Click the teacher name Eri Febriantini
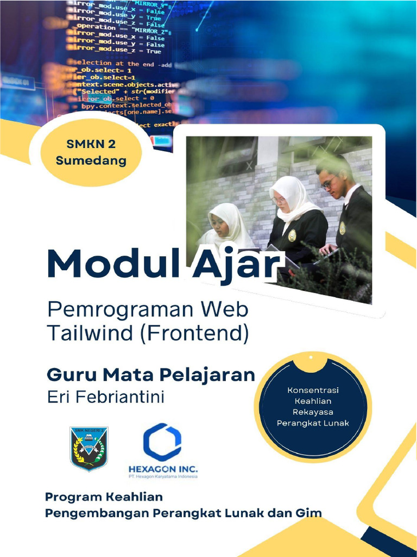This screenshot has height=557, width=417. (106, 397)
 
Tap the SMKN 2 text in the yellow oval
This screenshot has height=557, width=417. (91, 144)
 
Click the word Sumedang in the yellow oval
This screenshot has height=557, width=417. (91, 160)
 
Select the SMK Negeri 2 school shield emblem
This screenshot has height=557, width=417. (89, 448)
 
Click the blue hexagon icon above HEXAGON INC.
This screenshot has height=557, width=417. (162, 442)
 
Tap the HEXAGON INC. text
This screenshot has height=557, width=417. (163, 468)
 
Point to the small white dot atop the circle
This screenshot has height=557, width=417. (310, 358)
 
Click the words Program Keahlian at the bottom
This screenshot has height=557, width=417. (104, 497)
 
